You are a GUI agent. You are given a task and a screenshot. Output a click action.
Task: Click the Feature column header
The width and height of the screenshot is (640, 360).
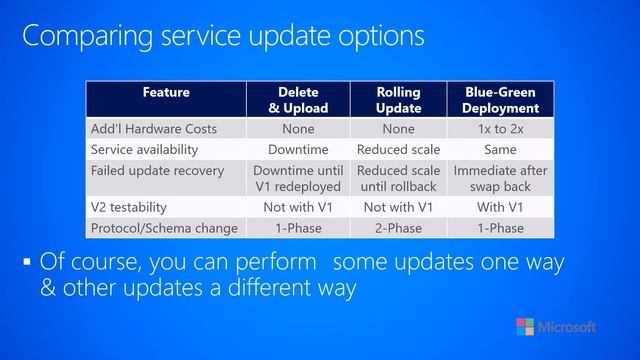166,93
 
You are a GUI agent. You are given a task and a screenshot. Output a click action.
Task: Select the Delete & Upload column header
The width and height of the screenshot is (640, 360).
297,100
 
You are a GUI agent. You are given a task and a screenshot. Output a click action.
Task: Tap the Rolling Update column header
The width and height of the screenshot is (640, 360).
398,100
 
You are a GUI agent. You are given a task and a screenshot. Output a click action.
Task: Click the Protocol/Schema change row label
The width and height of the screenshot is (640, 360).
164,228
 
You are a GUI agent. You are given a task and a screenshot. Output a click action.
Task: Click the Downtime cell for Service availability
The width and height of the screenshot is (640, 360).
297,149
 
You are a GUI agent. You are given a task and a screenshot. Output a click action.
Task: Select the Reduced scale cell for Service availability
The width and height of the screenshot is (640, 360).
398,149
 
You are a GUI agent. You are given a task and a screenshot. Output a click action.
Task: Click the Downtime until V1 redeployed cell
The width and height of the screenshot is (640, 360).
297,178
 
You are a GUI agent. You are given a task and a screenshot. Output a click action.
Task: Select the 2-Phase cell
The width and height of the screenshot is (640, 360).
398,228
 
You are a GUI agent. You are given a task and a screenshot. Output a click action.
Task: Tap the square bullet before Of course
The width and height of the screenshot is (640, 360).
27,264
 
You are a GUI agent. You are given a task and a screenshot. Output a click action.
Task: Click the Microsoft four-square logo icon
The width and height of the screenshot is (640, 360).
525,328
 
